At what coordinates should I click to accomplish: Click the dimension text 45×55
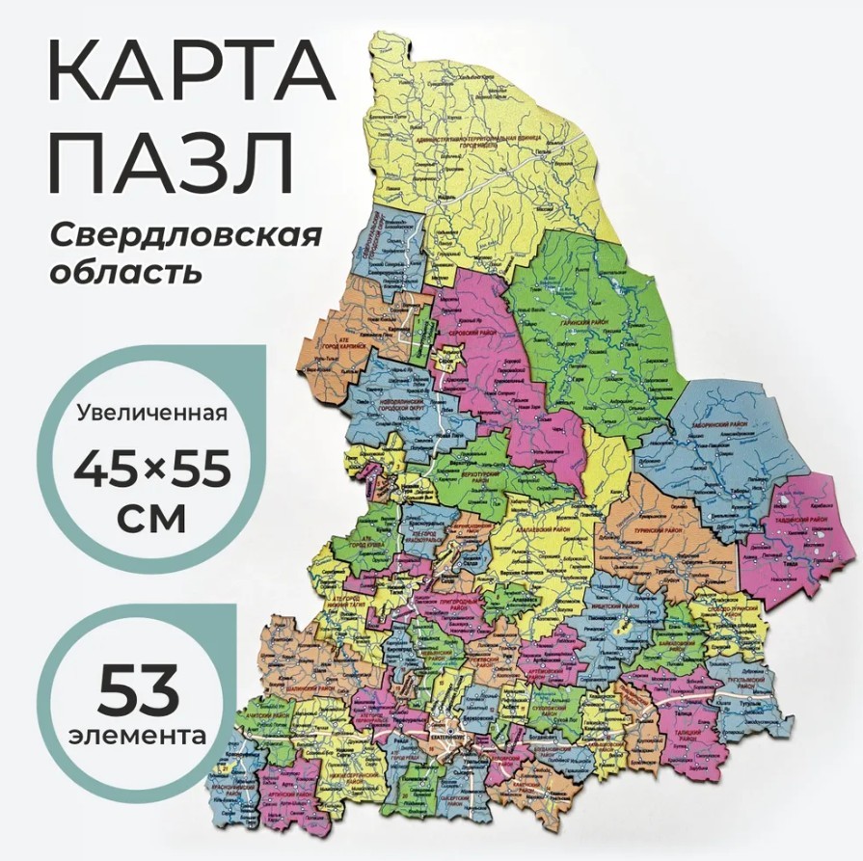(x=152, y=470)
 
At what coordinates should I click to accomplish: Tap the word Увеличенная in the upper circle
(x=151, y=414)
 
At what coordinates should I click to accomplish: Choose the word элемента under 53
(x=138, y=736)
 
